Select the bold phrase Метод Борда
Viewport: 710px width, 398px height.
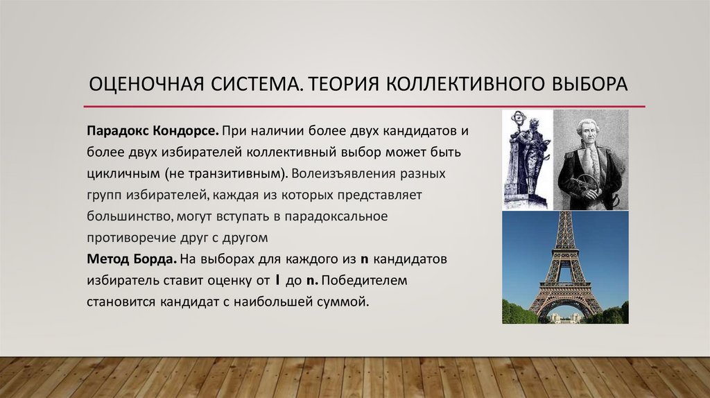pyautogui.click(x=131, y=259)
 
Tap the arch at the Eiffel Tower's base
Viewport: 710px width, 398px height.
pyautogui.click(x=565, y=309)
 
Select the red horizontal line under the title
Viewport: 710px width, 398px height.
pyautogui.click(x=364, y=106)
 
